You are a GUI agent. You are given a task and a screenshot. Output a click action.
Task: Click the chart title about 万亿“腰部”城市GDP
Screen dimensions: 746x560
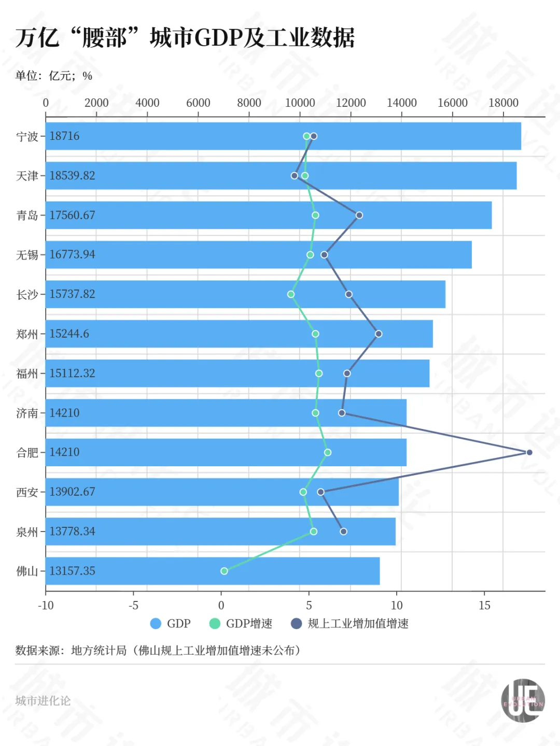click(x=185, y=38)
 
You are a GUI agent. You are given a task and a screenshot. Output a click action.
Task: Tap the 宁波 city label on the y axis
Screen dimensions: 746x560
click(x=27, y=137)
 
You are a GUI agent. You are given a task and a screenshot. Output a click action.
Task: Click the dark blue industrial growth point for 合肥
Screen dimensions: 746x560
click(x=529, y=452)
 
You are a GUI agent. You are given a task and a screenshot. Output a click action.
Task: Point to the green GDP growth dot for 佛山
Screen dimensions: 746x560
click(x=224, y=571)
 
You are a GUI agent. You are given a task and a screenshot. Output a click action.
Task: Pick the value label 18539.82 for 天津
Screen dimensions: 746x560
click(x=72, y=176)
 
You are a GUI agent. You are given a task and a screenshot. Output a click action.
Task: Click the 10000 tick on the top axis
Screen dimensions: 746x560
click(x=300, y=103)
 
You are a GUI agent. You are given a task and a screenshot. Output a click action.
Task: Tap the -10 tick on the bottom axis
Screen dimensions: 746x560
click(x=46, y=605)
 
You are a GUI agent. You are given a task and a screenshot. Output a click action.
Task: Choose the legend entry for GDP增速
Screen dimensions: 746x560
click(x=241, y=624)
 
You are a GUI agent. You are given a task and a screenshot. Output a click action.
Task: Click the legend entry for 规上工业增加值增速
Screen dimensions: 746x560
click(x=350, y=624)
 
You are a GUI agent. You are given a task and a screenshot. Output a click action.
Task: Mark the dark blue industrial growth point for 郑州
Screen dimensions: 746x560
click(x=379, y=334)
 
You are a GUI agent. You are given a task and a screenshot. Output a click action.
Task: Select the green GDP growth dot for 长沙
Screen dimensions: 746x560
click(x=291, y=294)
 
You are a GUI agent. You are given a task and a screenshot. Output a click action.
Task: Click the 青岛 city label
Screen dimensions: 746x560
click(x=27, y=216)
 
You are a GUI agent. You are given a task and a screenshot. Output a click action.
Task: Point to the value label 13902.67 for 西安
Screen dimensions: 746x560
click(x=72, y=492)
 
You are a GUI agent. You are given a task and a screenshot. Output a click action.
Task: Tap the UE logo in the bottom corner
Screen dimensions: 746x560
click(x=523, y=700)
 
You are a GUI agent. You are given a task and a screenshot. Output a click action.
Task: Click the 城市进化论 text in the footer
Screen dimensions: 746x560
click(x=43, y=701)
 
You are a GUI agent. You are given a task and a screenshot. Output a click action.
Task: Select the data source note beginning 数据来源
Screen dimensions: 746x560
click(x=158, y=651)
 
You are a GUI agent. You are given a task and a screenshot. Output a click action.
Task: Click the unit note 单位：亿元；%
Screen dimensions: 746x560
click(x=54, y=76)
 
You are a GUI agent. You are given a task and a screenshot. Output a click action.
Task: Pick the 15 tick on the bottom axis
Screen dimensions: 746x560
click(x=484, y=605)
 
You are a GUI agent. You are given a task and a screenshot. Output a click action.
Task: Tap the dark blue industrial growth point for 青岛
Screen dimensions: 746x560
click(x=359, y=215)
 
